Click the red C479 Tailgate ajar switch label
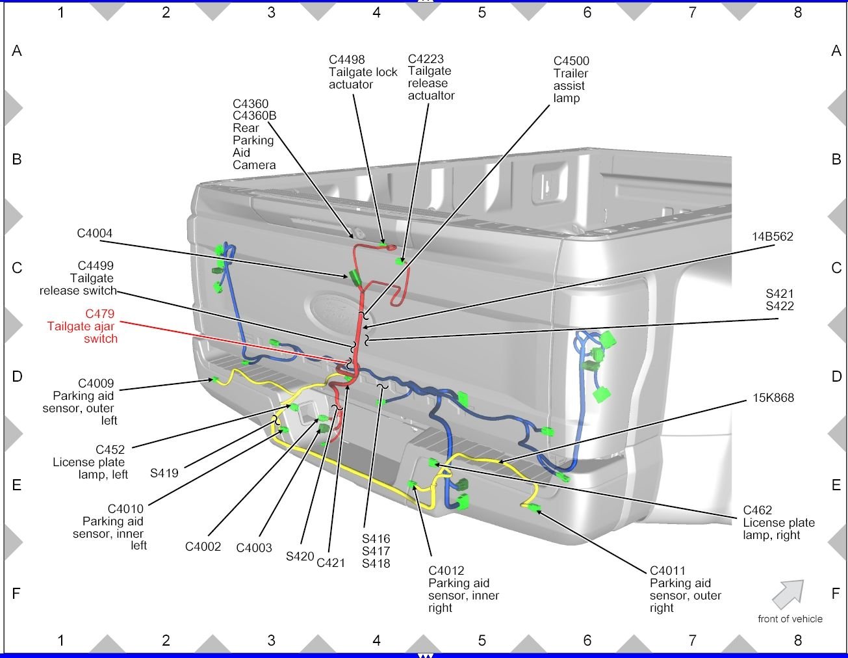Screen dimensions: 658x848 [x=83, y=326]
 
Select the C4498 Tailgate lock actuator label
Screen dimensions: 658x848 [x=362, y=72]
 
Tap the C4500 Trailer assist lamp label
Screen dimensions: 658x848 [x=571, y=79]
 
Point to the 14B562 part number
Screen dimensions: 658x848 [x=772, y=237]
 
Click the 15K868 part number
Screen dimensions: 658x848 [x=773, y=398]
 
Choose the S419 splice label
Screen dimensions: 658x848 [x=164, y=473]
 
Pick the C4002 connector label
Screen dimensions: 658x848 [x=203, y=547]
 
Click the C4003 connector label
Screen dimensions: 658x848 [x=253, y=548]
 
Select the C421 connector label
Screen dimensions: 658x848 [x=330, y=562]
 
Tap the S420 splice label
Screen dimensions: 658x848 [x=300, y=557]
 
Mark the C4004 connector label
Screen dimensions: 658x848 [x=94, y=233]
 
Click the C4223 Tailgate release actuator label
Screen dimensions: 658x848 [x=430, y=77]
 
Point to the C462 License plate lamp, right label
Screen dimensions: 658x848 [x=778, y=523]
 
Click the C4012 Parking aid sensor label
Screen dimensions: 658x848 [x=463, y=589]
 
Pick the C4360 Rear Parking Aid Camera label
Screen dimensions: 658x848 [x=254, y=134]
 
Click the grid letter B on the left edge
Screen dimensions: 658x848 [x=17, y=159]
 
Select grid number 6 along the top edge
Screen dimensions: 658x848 [x=587, y=12]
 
